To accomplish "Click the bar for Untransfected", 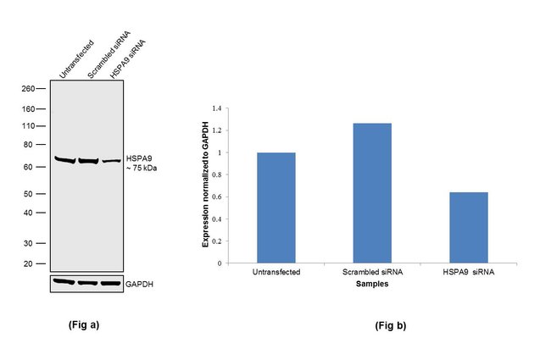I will [x=276, y=208].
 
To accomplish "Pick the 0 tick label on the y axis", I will [x=219, y=263].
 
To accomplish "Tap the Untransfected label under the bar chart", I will [x=276, y=273].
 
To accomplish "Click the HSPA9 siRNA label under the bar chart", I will [x=467, y=273].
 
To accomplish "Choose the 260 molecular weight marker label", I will [x=28, y=89].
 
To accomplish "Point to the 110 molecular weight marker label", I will [x=28, y=126].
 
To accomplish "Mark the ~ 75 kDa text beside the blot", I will [x=142, y=168].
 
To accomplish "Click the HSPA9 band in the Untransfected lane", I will [x=64, y=159].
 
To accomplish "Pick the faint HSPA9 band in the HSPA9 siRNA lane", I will [x=111, y=160].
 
